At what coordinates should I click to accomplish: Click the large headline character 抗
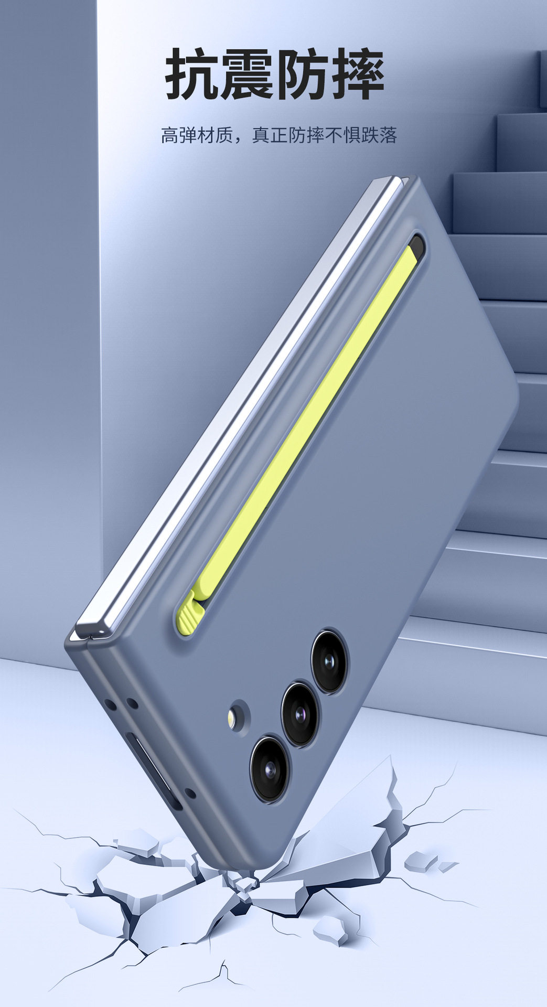pyautogui.click(x=192, y=74)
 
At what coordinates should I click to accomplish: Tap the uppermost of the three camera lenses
pyautogui.click(x=329, y=661)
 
